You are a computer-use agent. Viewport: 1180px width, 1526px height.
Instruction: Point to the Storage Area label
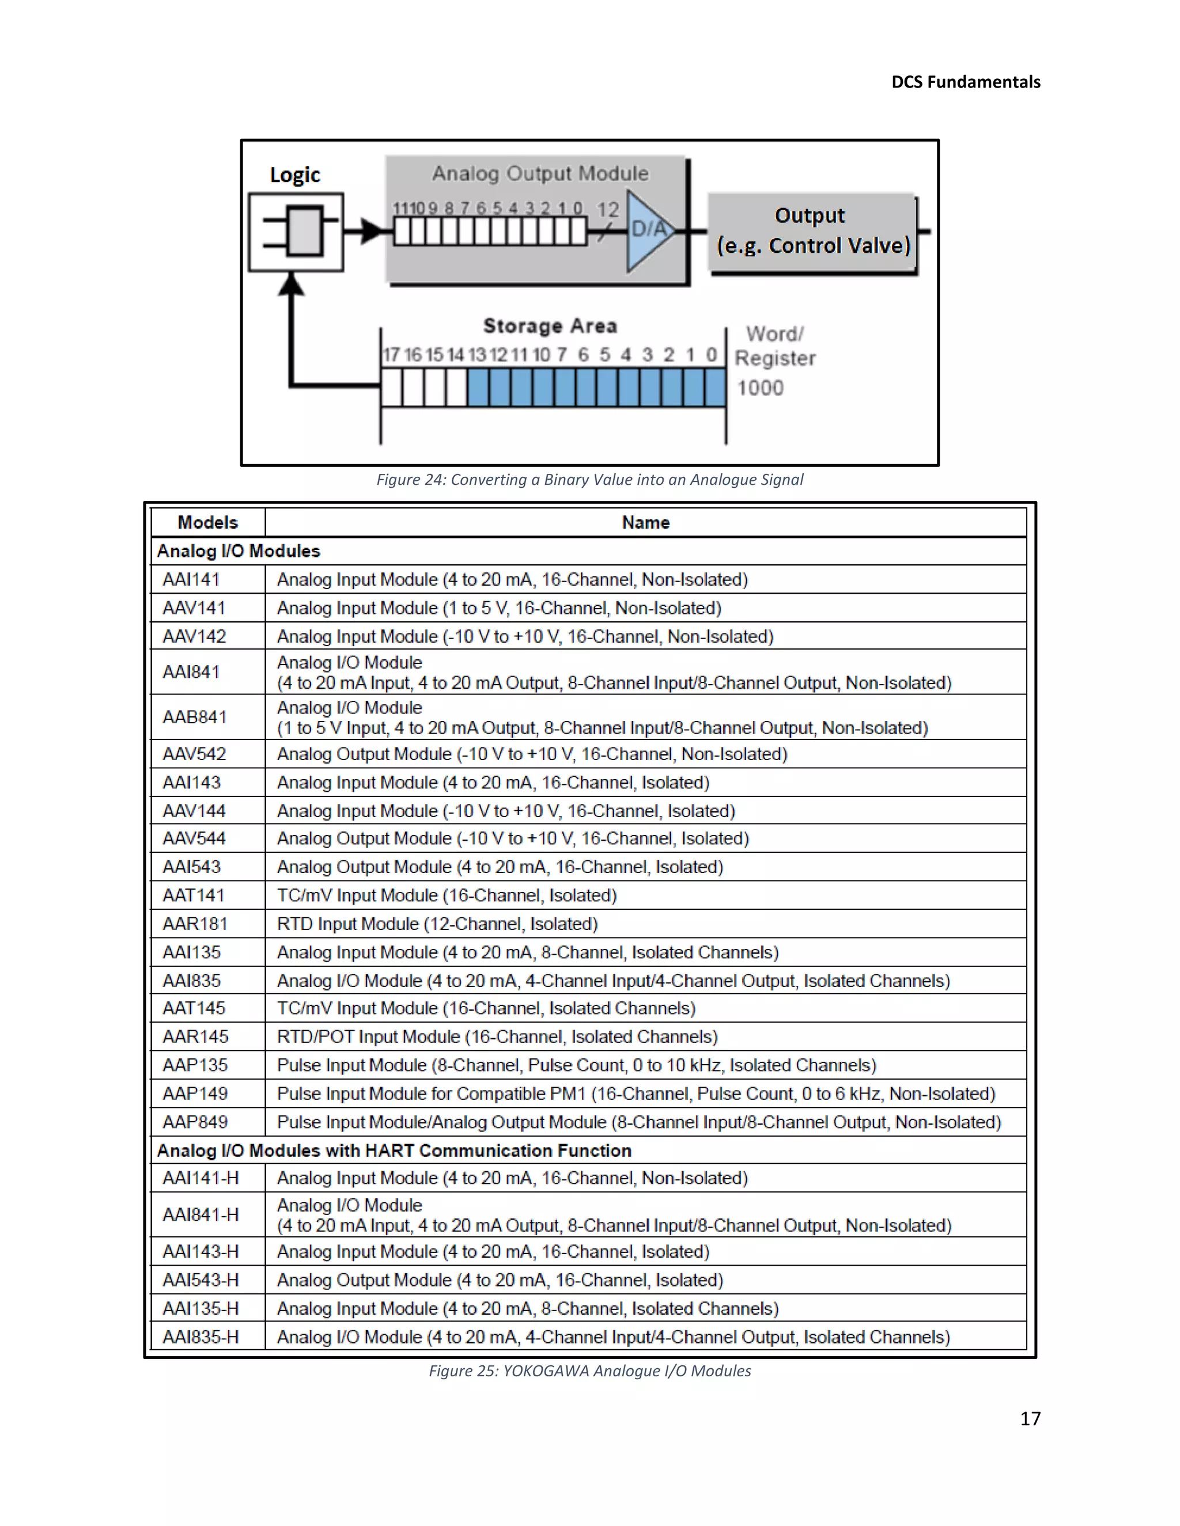[x=550, y=325]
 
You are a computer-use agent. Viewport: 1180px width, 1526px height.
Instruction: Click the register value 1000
[x=760, y=387]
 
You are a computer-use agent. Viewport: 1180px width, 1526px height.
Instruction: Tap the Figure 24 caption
[x=589, y=479]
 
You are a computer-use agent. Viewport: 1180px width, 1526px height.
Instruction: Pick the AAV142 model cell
[x=194, y=636]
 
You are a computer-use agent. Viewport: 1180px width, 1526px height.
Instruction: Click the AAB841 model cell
[x=195, y=717]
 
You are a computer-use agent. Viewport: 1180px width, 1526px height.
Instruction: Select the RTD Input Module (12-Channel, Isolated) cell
[x=437, y=924]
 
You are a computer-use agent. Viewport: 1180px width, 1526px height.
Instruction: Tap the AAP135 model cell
[x=195, y=1065]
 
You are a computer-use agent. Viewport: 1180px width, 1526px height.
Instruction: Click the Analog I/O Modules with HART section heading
[x=394, y=1150]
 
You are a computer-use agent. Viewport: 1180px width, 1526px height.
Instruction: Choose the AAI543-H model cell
[x=201, y=1280]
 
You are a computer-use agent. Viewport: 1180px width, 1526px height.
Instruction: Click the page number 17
[x=1030, y=1418]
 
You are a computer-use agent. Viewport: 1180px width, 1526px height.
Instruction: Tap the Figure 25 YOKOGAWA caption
[x=589, y=1371]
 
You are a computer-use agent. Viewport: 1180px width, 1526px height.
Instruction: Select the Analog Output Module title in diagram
[x=540, y=173]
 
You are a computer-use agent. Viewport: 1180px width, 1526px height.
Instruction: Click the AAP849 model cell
[x=195, y=1121]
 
